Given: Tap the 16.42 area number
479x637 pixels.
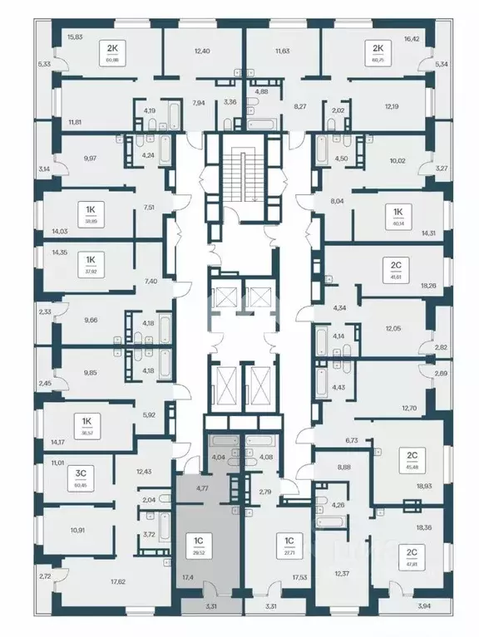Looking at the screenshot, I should tap(413, 37).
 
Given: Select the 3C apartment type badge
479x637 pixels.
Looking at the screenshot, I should tap(81, 473).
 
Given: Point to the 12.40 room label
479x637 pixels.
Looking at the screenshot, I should tap(202, 51).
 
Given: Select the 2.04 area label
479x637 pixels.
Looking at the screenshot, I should tap(148, 501).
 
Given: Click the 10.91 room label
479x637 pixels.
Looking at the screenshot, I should tap(78, 528).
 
